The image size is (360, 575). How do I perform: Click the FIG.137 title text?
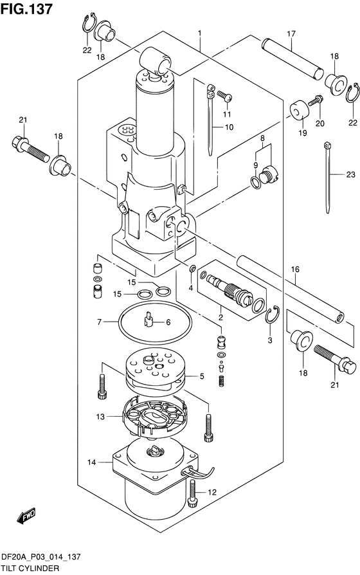(x=26, y=9)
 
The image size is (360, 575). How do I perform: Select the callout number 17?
(x=291, y=33)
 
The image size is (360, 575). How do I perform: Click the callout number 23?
(x=351, y=174)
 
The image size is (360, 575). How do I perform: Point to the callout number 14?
(x=92, y=462)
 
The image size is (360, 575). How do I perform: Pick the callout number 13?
(x=100, y=417)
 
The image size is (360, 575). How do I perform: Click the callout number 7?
(x=99, y=322)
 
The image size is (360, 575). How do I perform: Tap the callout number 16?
(x=295, y=269)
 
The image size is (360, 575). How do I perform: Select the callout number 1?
(x=200, y=33)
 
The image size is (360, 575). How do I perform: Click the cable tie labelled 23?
(x=327, y=178)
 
